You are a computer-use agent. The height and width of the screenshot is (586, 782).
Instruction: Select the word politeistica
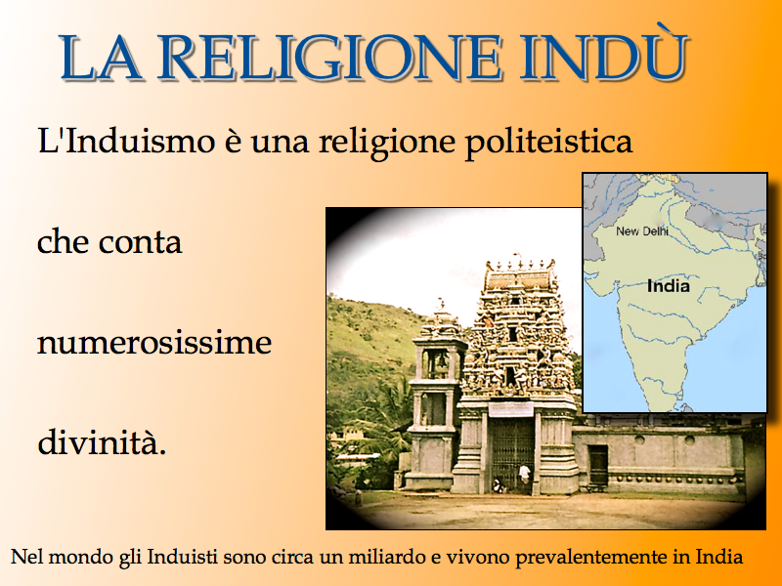(x=548, y=143)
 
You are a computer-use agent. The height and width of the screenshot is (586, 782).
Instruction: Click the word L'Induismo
(x=126, y=141)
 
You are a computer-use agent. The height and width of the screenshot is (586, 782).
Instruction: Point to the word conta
(x=140, y=243)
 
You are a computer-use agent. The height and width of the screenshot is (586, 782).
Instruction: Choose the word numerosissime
(x=154, y=343)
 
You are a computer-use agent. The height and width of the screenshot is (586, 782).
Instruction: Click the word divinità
(x=102, y=442)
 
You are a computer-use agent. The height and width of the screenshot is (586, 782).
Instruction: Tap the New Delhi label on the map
(x=642, y=230)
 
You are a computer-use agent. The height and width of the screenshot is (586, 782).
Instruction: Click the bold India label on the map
(x=669, y=286)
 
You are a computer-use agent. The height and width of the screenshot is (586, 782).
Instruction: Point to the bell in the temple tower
(x=440, y=359)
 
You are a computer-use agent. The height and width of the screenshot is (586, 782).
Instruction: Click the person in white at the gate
(x=524, y=475)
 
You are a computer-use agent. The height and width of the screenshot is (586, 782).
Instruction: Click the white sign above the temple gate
(x=510, y=409)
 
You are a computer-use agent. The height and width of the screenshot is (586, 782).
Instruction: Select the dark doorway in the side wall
(x=598, y=464)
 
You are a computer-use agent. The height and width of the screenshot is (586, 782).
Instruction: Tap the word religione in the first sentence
(x=387, y=143)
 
